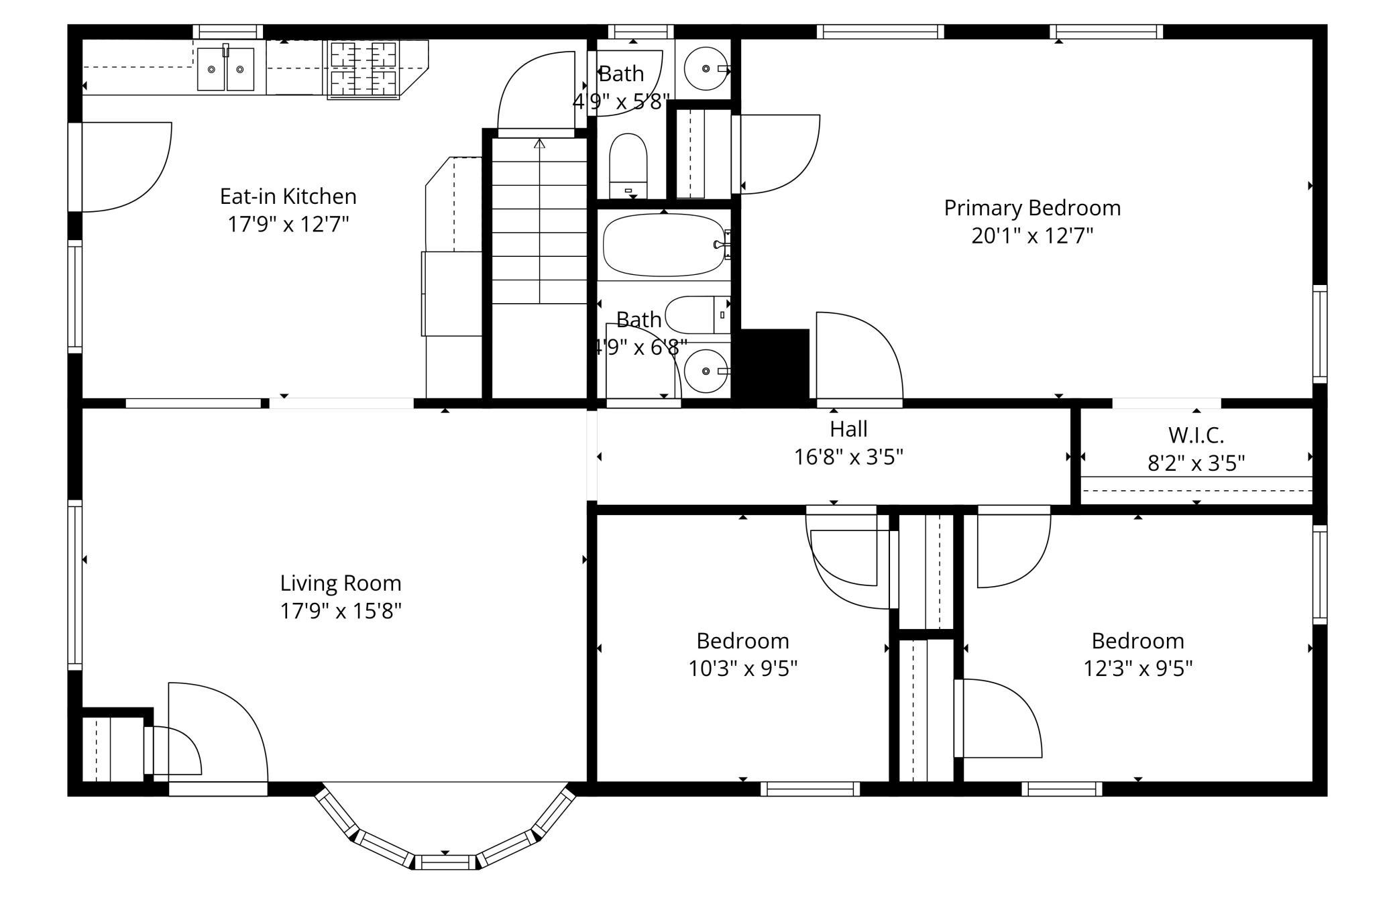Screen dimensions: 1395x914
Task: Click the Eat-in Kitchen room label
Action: tap(288, 196)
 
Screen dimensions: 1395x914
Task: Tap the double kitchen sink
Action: tap(226, 68)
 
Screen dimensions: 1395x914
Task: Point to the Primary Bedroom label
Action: tap(1032, 208)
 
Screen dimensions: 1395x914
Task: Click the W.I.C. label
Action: tap(1196, 435)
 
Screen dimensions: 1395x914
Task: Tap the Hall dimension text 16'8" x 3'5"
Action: tap(848, 457)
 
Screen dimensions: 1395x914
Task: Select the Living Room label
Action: tap(341, 583)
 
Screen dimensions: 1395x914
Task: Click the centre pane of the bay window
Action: tap(445, 862)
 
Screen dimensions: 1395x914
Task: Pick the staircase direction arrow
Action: tap(540, 221)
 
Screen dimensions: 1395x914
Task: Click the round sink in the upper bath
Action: tap(706, 68)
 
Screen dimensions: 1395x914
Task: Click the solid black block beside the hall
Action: tap(774, 367)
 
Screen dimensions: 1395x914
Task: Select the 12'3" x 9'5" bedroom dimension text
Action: tap(1138, 669)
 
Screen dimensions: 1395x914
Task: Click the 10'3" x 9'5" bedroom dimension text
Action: tap(743, 669)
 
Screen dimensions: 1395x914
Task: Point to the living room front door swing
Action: tap(218, 732)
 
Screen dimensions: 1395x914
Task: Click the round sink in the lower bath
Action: tap(706, 370)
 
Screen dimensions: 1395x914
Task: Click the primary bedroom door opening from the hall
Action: tap(859, 359)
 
